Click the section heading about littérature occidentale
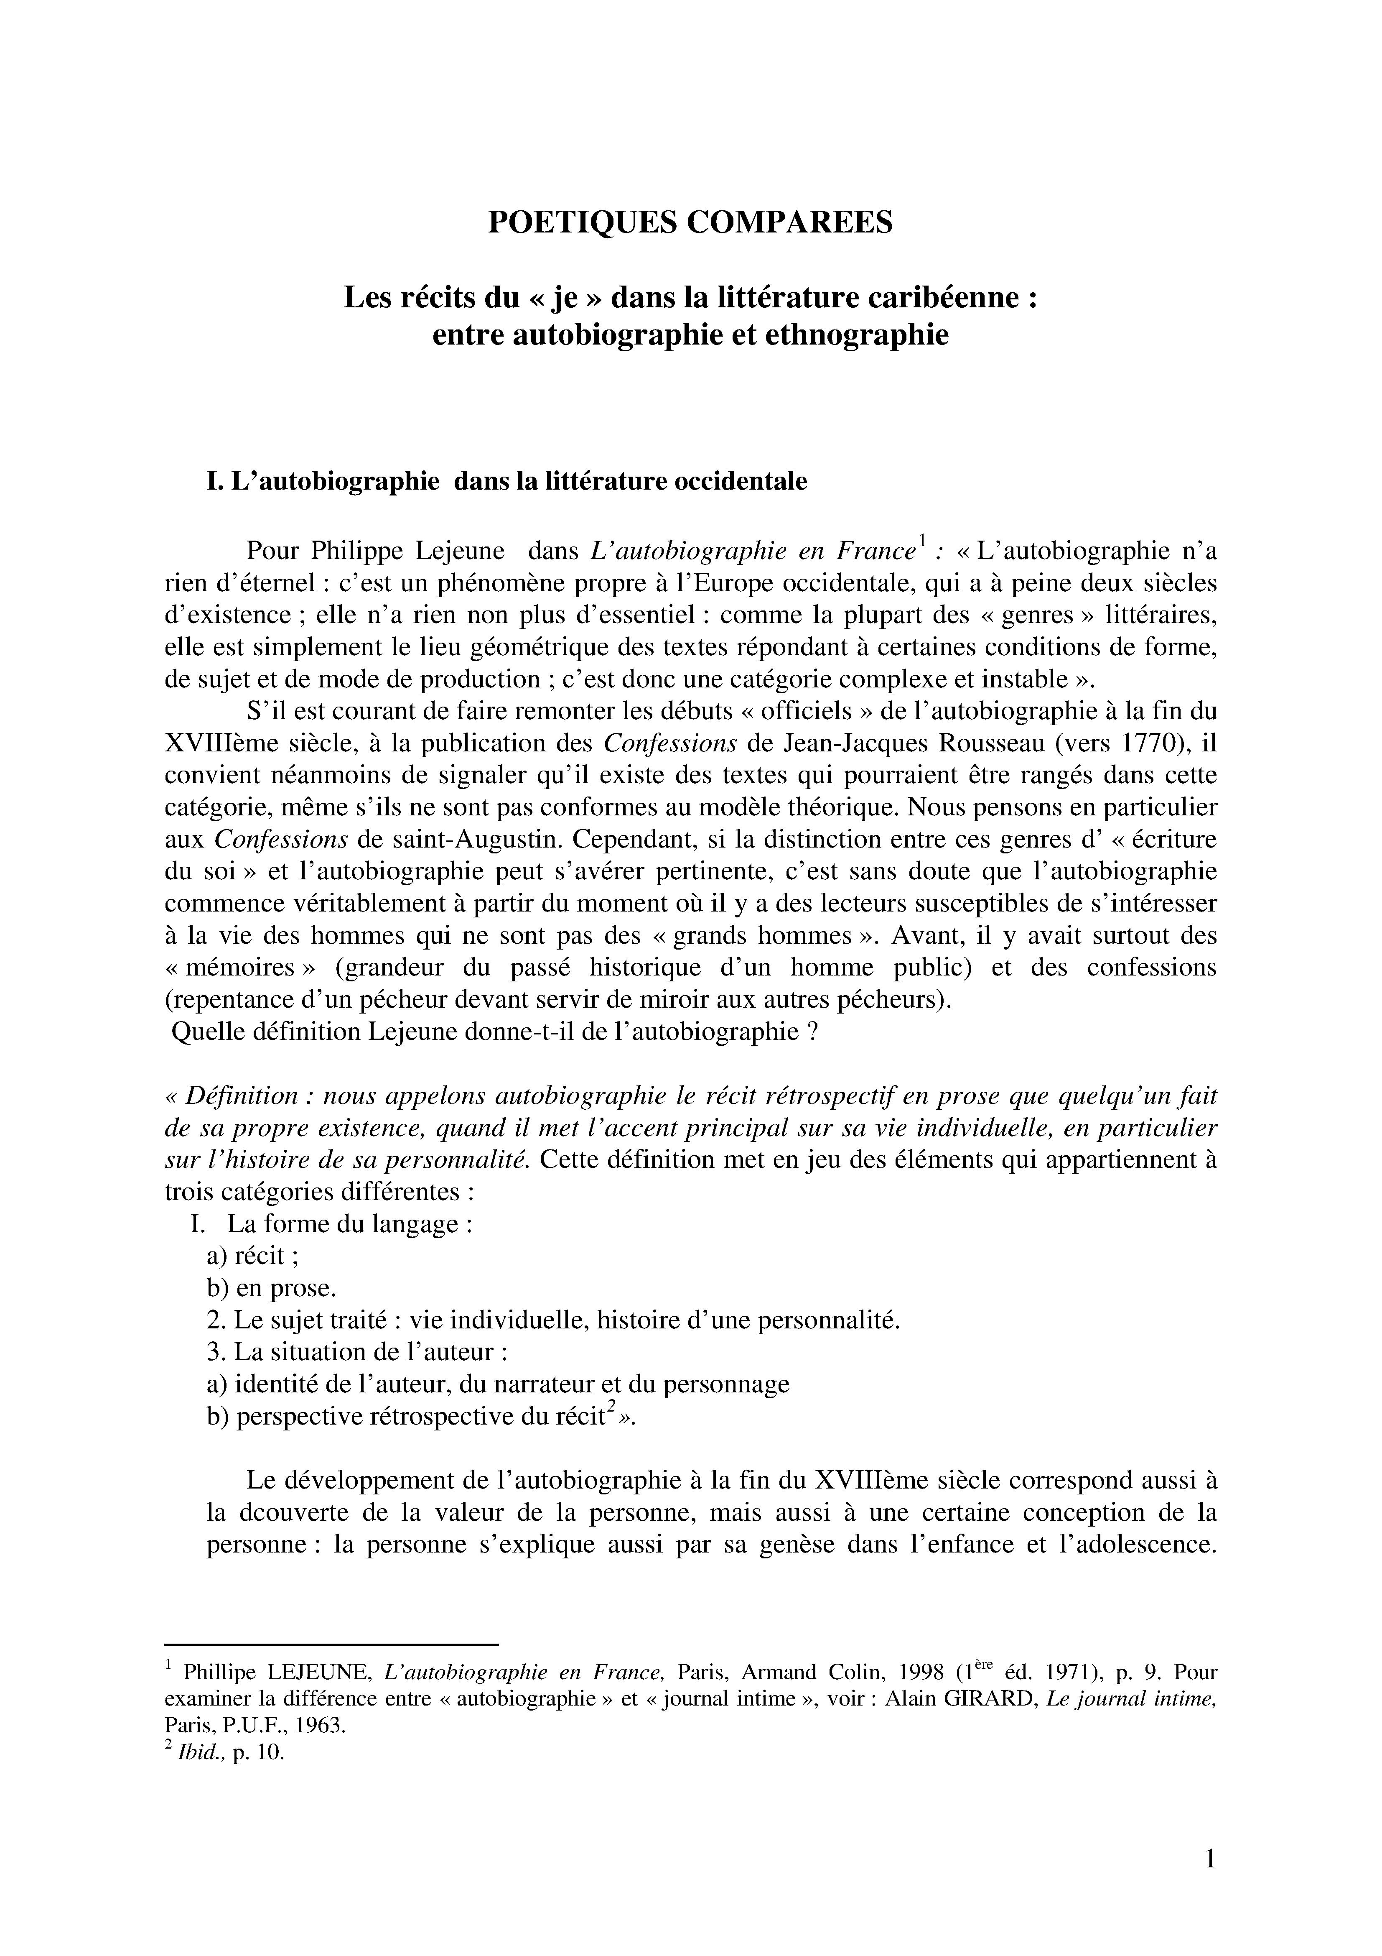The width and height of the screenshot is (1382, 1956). (506, 481)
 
